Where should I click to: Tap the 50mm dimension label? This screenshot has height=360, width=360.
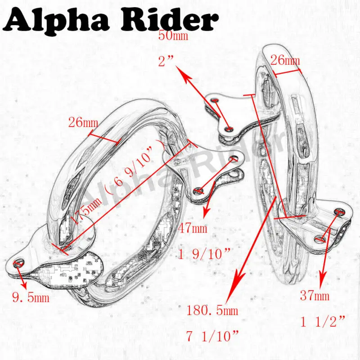click(173, 36)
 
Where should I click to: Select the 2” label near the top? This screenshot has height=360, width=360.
click(166, 61)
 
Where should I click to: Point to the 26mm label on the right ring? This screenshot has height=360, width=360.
click(285, 60)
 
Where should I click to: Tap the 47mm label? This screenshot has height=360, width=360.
click(193, 228)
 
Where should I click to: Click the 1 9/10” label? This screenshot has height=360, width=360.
click(204, 254)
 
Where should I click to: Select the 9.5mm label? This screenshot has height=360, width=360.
click(31, 298)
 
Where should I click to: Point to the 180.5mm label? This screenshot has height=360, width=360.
click(212, 310)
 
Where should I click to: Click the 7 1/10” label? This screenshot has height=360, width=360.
click(212, 336)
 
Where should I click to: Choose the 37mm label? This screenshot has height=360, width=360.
click(315, 296)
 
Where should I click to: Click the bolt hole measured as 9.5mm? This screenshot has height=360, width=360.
click(18, 263)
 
